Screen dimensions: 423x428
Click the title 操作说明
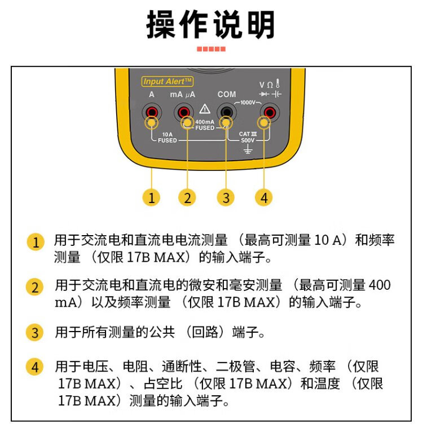point(210,25)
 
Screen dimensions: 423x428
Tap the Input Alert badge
point(168,81)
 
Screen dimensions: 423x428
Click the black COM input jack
point(226,112)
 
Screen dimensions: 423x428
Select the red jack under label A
point(152,112)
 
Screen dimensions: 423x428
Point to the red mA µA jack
point(183,112)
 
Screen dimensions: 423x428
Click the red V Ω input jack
point(270,112)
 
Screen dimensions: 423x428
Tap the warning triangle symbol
point(205,109)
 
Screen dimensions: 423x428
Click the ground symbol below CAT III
point(248,149)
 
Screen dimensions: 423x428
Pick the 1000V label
point(248,103)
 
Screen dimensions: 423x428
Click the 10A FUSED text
point(168,137)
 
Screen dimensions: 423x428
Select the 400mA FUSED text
point(205,125)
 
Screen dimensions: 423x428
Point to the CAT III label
point(248,134)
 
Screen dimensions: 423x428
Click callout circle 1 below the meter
point(152,197)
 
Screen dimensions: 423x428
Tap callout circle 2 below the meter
point(187,197)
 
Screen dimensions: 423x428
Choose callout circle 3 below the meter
point(226,197)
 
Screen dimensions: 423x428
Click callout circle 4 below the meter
point(264,197)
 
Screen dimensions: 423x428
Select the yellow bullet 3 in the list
point(34,333)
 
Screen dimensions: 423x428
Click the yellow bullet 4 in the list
point(34,367)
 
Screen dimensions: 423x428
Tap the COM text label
point(227,94)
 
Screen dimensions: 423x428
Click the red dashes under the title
point(211,49)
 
